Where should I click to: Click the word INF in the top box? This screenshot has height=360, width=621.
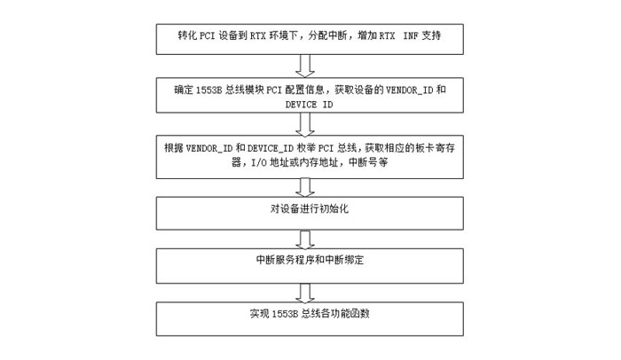pos(411,35)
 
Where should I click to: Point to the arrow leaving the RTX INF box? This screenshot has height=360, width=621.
pos(305,66)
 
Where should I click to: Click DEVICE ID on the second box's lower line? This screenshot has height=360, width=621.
pos(309,105)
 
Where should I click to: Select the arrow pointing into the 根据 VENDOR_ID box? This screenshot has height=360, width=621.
pos(305,124)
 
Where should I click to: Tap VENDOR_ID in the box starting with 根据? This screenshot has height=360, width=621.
pos(209,148)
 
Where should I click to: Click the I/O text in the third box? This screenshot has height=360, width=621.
pos(259,162)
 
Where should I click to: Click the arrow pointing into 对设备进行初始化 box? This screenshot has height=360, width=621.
pos(305,187)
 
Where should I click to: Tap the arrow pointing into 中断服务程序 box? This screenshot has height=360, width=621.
pos(305,239)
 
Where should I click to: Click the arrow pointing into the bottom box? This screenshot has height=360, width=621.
pos(305,293)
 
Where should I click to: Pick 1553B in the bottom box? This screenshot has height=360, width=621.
pos(285,314)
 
